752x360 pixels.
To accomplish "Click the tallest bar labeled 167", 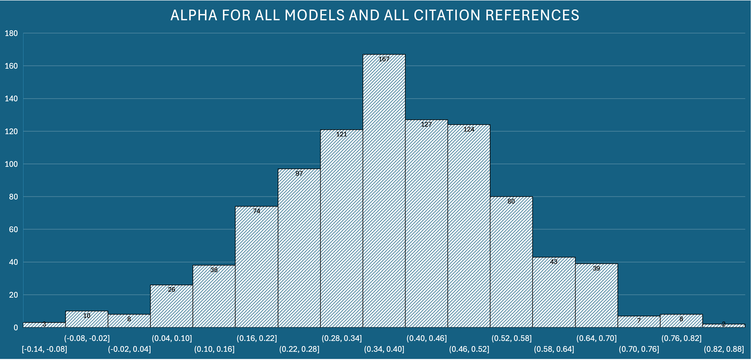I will tap(384, 190).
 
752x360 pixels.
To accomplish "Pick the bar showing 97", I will tap(299, 248).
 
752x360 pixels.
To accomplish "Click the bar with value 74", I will tap(256, 267).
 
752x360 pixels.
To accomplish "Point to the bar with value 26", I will tap(171, 307).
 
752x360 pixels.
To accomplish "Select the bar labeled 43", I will tap(554, 292).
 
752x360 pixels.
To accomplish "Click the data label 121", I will tap(341, 134).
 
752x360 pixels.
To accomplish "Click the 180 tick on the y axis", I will tap(11, 33).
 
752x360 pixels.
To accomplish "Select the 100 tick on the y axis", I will tap(11, 164).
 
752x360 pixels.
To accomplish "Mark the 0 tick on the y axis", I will tap(16, 328).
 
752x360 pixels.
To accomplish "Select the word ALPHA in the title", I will tap(194, 15).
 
